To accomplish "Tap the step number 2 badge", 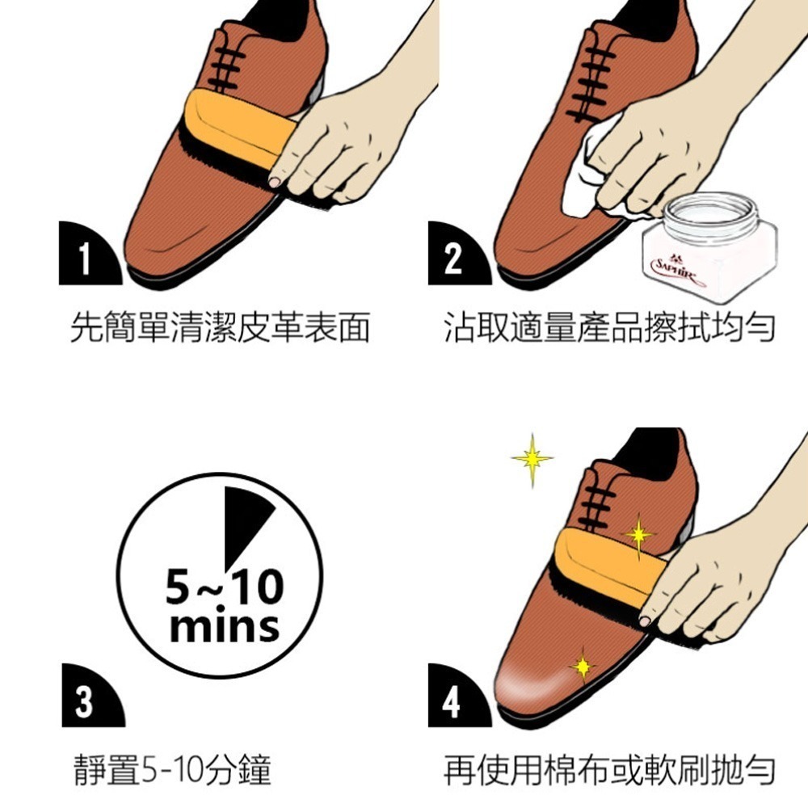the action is click(x=456, y=255).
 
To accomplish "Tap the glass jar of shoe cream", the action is click(x=710, y=246).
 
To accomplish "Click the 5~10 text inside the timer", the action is click(x=225, y=587).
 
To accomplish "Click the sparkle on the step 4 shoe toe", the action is click(x=583, y=667).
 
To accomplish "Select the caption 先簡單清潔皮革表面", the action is click(x=220, y=327).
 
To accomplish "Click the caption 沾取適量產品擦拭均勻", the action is click(x=609, y=327).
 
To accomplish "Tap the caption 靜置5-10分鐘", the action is click(x=173, y=769).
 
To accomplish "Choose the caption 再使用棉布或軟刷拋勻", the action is click(x=609, y=769).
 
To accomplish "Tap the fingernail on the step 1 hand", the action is click(x=275, y=182).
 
